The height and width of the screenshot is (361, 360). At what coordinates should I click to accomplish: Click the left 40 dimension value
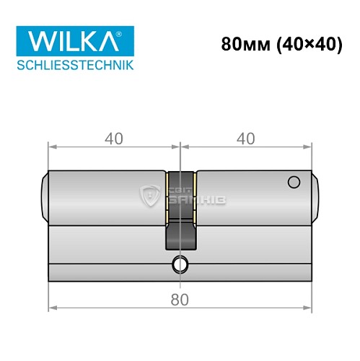(113, 136)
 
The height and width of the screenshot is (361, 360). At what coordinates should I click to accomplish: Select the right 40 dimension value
(247, 136)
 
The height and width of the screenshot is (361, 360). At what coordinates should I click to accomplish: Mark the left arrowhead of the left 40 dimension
(52, 147)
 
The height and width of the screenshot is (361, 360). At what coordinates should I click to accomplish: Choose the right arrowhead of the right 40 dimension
(311, 147)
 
